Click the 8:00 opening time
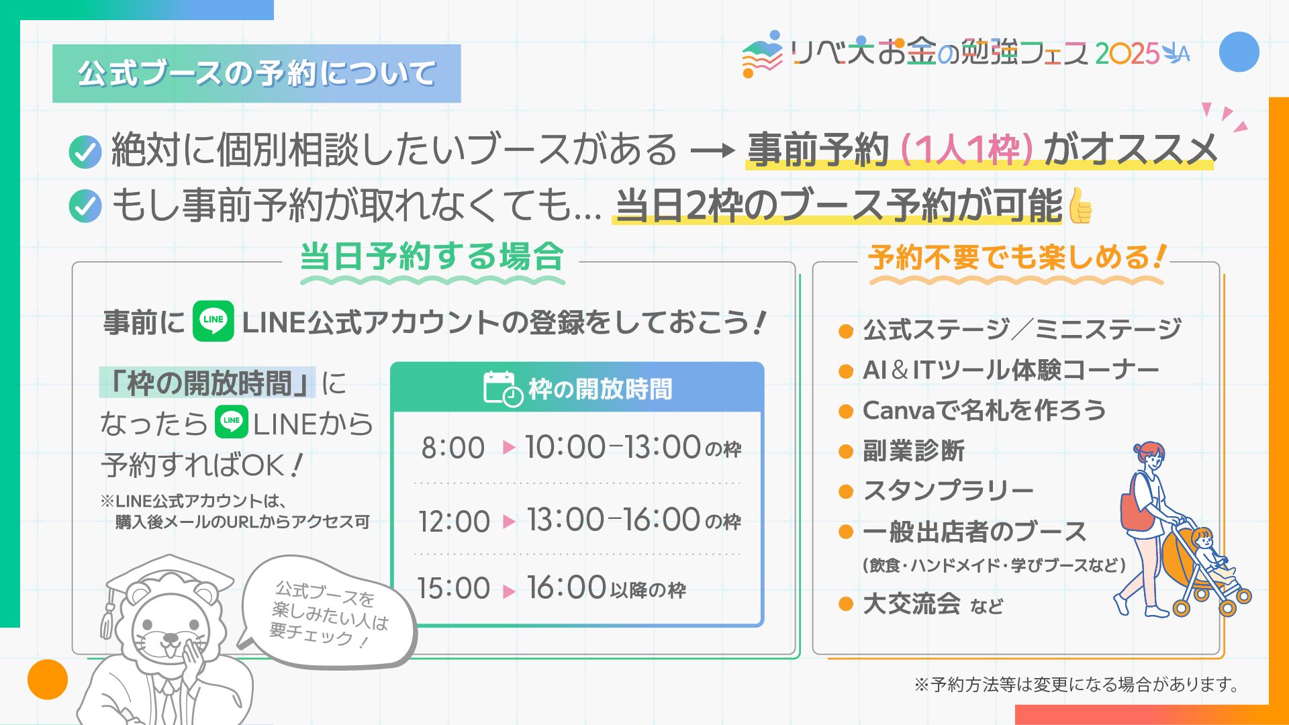(x=453, y=448)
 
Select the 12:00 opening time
(x=454, y=522)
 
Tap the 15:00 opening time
(x=453, y=588)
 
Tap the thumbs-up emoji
(x=1080, y=205)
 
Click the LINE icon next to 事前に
(x=213, y=321)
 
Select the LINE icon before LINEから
(x=232, y=422)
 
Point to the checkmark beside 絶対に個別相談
(x=85, y=151)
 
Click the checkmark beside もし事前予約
(x=85, y=206)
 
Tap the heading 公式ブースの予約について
(x=256, y=73)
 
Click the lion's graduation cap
(x=164, y=579)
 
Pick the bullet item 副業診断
(x=914, y=450)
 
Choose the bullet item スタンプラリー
(x=948, y=491)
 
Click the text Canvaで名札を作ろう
(x=984, y=410)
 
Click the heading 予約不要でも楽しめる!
(x=1017, y=257)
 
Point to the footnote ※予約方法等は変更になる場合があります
(x=1077, y=685)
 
